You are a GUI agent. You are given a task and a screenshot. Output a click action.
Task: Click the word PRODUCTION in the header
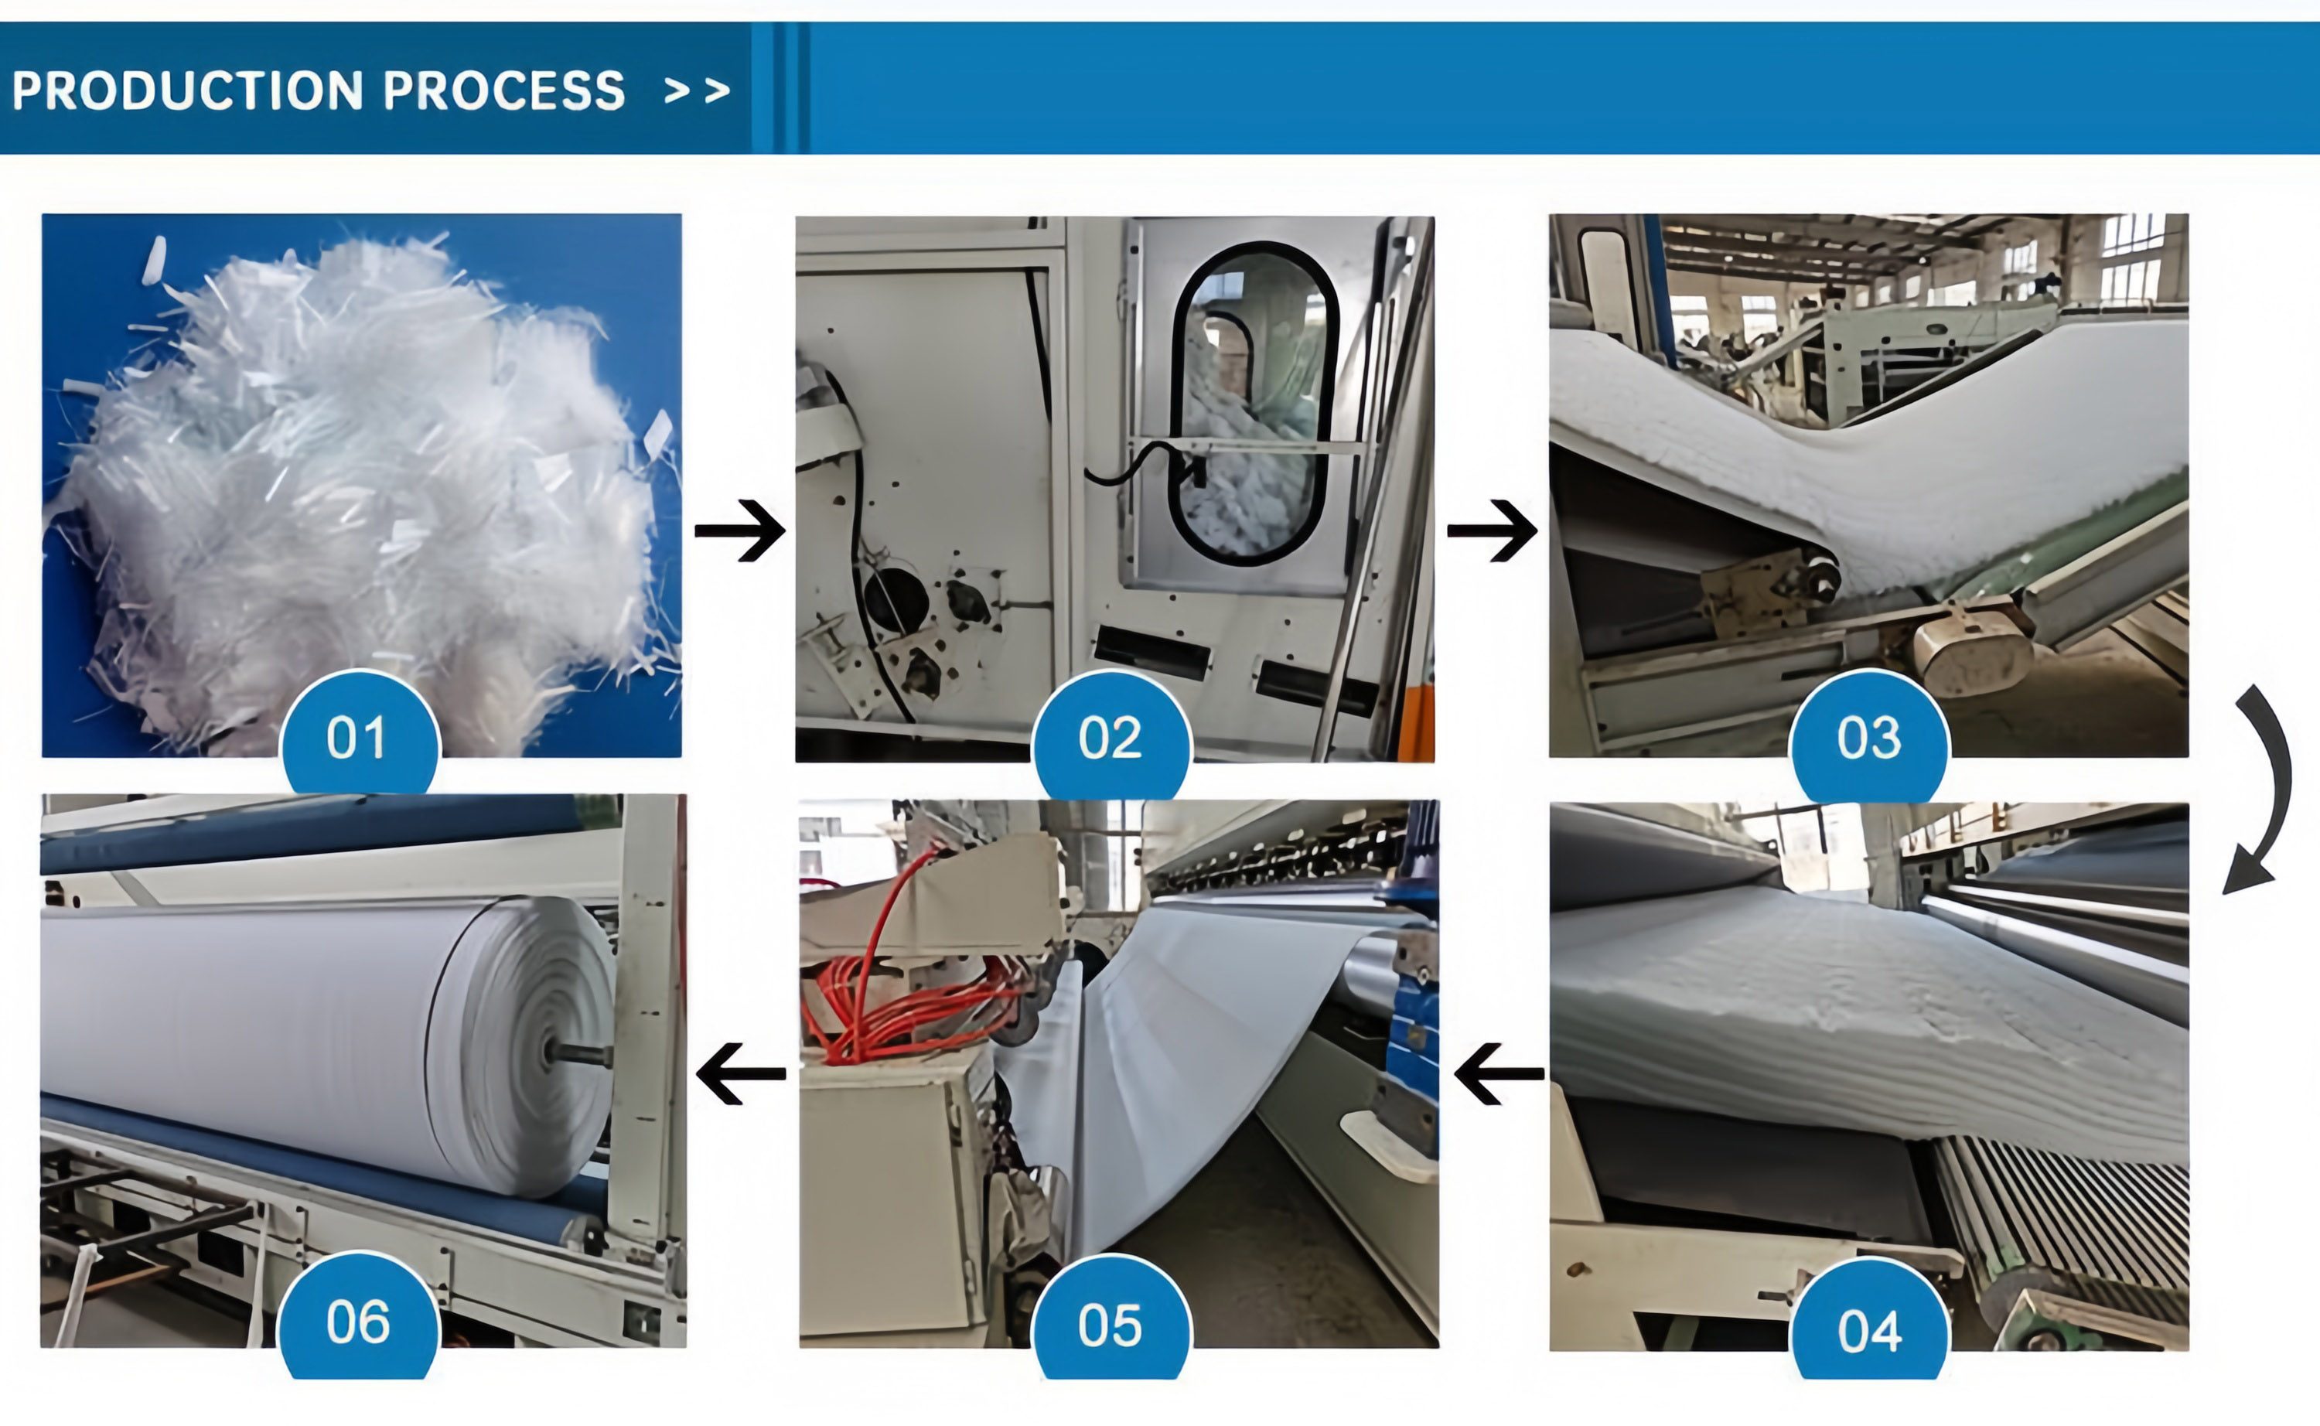point(186,90)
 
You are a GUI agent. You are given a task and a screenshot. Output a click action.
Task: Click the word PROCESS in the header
point(503,90)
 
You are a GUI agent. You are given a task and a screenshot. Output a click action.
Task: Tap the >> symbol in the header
point(697,90)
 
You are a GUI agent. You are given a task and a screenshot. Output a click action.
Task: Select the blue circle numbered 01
point(360,735)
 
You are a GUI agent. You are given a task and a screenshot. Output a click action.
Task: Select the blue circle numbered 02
point(1111,736)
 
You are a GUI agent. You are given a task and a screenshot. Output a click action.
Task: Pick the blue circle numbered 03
point(1868,736)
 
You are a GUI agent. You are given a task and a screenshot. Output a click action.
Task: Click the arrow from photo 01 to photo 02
point(740,531)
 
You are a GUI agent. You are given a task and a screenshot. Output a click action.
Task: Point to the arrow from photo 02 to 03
point(1492,531)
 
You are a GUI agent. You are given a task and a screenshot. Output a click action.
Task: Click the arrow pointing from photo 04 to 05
point(1499,1073)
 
